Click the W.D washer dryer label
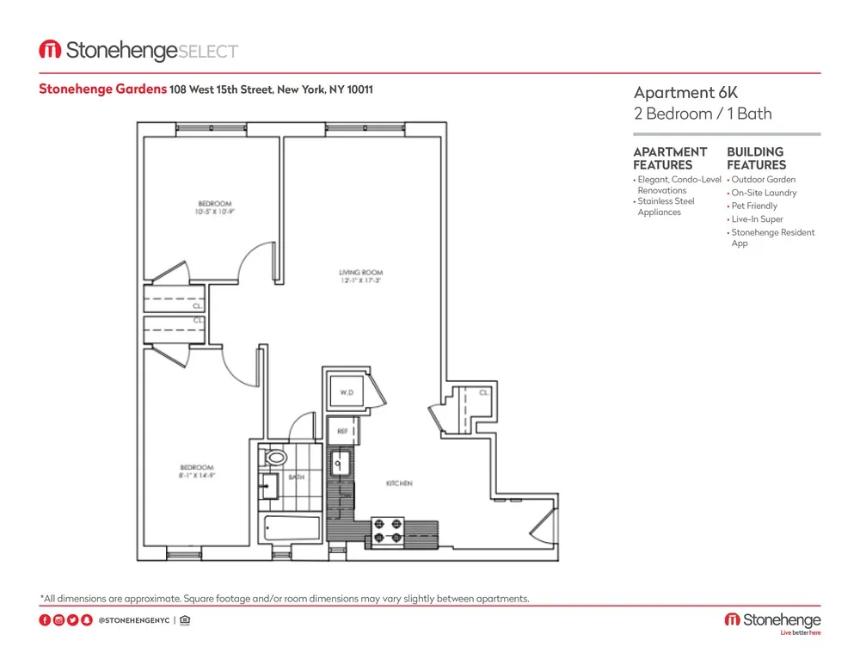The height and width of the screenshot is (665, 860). (x=346, y=393)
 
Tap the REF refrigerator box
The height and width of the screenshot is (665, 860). (x=341, y=429)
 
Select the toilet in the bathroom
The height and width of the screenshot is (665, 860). (x=277, y=458)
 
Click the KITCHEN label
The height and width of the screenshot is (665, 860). (x=399, y=484)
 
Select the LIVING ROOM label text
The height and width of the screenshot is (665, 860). (x=360, y=274)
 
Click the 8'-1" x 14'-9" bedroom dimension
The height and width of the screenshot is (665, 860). (x=197, y=475)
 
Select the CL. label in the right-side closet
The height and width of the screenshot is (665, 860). (x=483, y=393)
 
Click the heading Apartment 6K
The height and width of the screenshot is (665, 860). (x=675, y=93)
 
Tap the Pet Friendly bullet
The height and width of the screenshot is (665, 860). (x=753, y=206)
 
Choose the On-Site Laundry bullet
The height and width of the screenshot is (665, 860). (x=764, y=194)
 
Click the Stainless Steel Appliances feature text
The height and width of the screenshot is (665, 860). (x=665, y=206)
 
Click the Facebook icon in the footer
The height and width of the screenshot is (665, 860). (x=45, y=620)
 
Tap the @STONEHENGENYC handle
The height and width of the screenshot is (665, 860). (x=133, y=620)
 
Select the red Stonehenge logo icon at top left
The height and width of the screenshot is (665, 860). (x=49, y=51)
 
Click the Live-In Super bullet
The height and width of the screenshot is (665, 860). (x=757, y=219)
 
